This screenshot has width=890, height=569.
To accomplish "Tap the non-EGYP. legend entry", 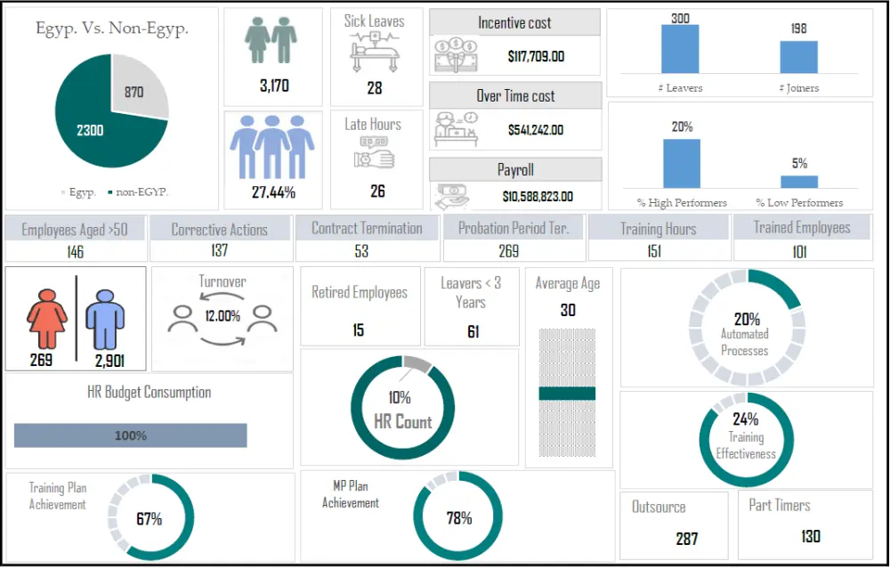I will click(142, 191).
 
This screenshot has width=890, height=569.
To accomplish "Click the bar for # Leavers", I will click(680, 49).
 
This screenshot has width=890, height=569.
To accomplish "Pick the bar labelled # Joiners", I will click(798, 57).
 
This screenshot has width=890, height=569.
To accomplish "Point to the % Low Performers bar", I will click(799, 180).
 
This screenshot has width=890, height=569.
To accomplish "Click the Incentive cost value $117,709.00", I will click(536, 57).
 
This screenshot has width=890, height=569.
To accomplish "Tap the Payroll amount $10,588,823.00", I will click(538, 196).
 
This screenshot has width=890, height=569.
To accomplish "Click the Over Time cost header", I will click(515, 95).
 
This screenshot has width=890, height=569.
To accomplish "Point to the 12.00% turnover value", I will click(222, 315).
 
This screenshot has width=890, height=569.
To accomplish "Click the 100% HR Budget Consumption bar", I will click(130, 435).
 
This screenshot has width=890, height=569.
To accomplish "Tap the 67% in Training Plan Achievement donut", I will click(149, 518).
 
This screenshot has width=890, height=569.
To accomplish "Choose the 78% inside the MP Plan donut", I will click(458, 518).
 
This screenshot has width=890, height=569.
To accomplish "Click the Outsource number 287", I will click(686, 538).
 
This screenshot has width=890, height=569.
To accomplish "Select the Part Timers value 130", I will click(810, 536).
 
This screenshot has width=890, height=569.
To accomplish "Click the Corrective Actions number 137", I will click(219, 251).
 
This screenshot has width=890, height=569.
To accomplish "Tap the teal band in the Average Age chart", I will click(567, 394).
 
